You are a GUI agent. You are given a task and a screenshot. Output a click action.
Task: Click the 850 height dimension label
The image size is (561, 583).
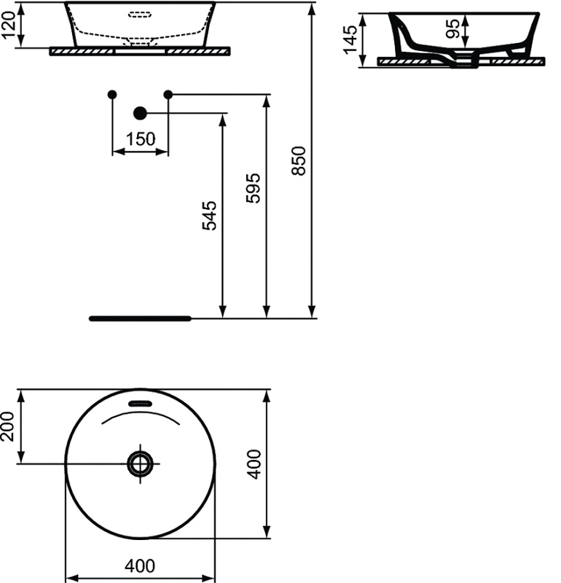tap(298, 160)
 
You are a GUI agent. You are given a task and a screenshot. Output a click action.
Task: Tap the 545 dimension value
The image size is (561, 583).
tap(209, 216)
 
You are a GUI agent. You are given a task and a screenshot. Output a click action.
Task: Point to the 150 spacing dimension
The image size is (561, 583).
tap(140, 138)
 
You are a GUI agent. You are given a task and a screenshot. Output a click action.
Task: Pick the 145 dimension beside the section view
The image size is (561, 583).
tap(352, 40)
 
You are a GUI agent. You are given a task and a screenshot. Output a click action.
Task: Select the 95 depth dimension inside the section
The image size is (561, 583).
tap(452, 29)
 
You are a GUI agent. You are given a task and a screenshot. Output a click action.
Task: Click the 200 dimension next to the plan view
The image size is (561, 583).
tap(8, 426)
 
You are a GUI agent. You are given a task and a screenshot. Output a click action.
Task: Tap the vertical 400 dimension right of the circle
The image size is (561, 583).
tap(254, 463)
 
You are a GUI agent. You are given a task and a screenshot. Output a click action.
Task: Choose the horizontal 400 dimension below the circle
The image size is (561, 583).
tap(141, 565)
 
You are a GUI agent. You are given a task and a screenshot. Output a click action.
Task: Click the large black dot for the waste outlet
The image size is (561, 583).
tap(141, 112)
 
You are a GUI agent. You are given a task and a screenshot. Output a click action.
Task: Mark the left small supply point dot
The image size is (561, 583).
tap(111, 94)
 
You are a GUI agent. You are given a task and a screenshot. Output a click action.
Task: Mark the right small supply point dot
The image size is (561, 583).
tap(168, 94)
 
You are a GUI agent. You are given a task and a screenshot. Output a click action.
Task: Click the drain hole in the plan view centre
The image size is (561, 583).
tap(140, 463)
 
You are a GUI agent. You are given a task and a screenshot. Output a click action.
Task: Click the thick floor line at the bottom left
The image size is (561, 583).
tap(139, 318)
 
